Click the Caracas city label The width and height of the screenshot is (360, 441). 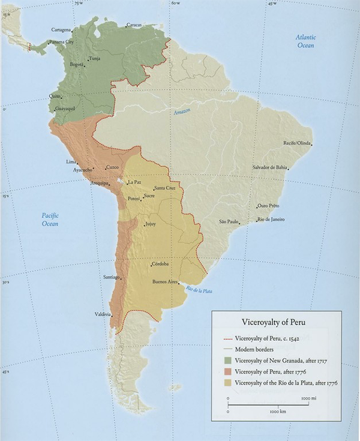134,25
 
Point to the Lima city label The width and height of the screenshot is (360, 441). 71,162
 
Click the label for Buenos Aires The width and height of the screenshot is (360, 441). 166,281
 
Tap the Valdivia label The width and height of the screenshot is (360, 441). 103,314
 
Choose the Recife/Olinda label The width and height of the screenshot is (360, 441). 297,143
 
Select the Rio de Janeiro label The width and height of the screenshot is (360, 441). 271,219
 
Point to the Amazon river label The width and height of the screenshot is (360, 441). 181,112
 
